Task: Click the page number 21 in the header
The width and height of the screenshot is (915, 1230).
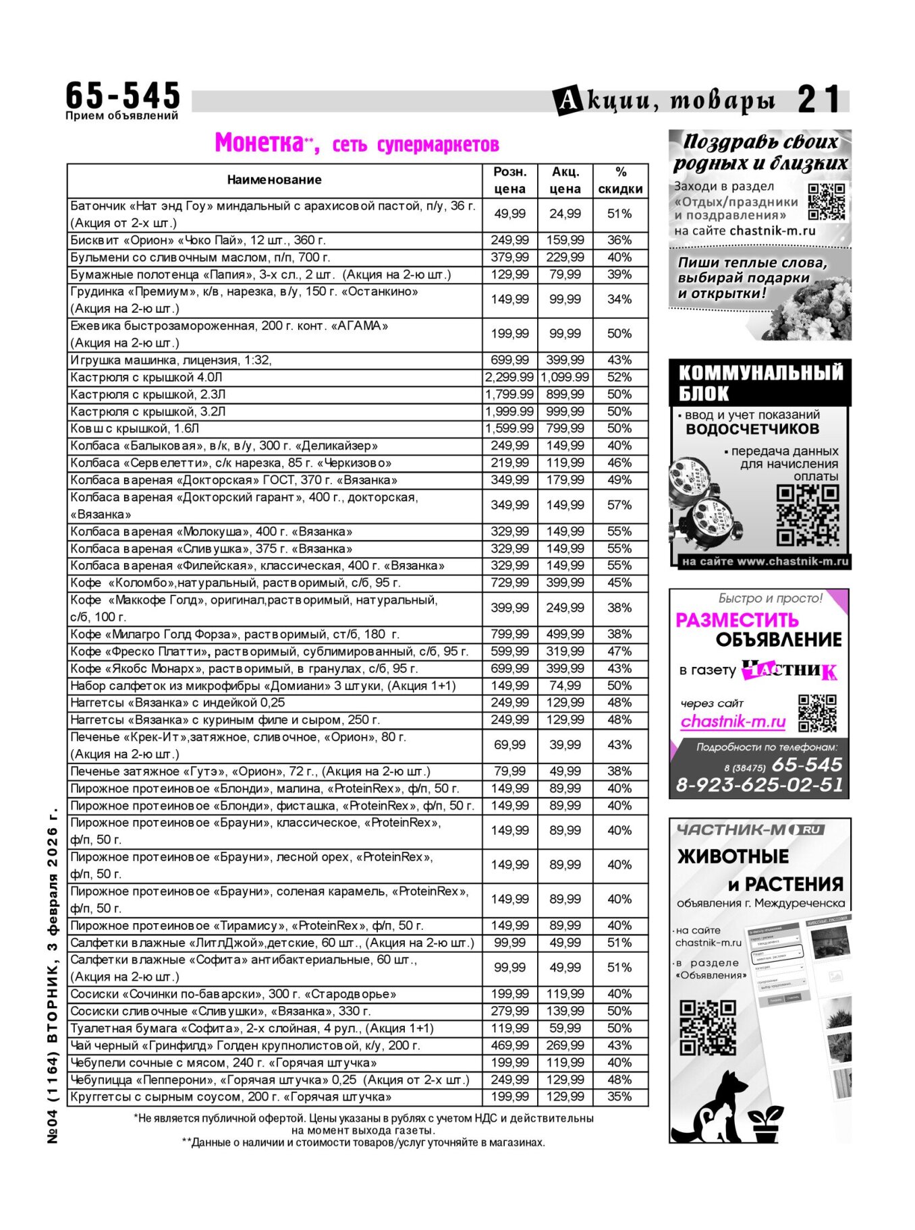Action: click(820, 100)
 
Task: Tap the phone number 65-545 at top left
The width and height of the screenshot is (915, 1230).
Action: click(123, 95)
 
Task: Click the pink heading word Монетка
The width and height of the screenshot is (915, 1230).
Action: click(259, 143)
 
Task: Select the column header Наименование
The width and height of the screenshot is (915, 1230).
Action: click(274, 180)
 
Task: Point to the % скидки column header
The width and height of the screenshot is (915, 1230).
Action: click(620, 180)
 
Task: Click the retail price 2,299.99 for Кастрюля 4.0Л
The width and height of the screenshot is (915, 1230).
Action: click(509, 377)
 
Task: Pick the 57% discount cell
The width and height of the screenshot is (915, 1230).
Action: click(619, 505)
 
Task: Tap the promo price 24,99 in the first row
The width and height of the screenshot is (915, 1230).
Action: click(565, 214)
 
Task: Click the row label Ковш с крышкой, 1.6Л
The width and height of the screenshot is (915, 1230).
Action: click(135, 428)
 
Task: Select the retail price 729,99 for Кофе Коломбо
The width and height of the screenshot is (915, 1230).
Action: click(509, 583)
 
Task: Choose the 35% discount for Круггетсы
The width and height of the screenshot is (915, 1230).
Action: click(619, 1096)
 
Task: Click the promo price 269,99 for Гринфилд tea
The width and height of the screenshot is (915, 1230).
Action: click(565, 1045)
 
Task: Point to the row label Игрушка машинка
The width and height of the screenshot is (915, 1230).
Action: click(171, 360)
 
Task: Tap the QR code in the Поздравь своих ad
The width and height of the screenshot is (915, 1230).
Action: click(826, 202)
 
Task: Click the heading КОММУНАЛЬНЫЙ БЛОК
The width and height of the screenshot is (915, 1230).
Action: click(760, 382)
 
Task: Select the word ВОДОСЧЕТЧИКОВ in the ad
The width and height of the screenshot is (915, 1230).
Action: click(752, 430)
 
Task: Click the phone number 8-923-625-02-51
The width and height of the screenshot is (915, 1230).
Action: click(760, 785)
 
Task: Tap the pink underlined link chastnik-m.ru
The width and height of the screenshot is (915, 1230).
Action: click(733, 722)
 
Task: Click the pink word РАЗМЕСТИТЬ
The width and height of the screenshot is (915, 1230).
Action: click(737, 620)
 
